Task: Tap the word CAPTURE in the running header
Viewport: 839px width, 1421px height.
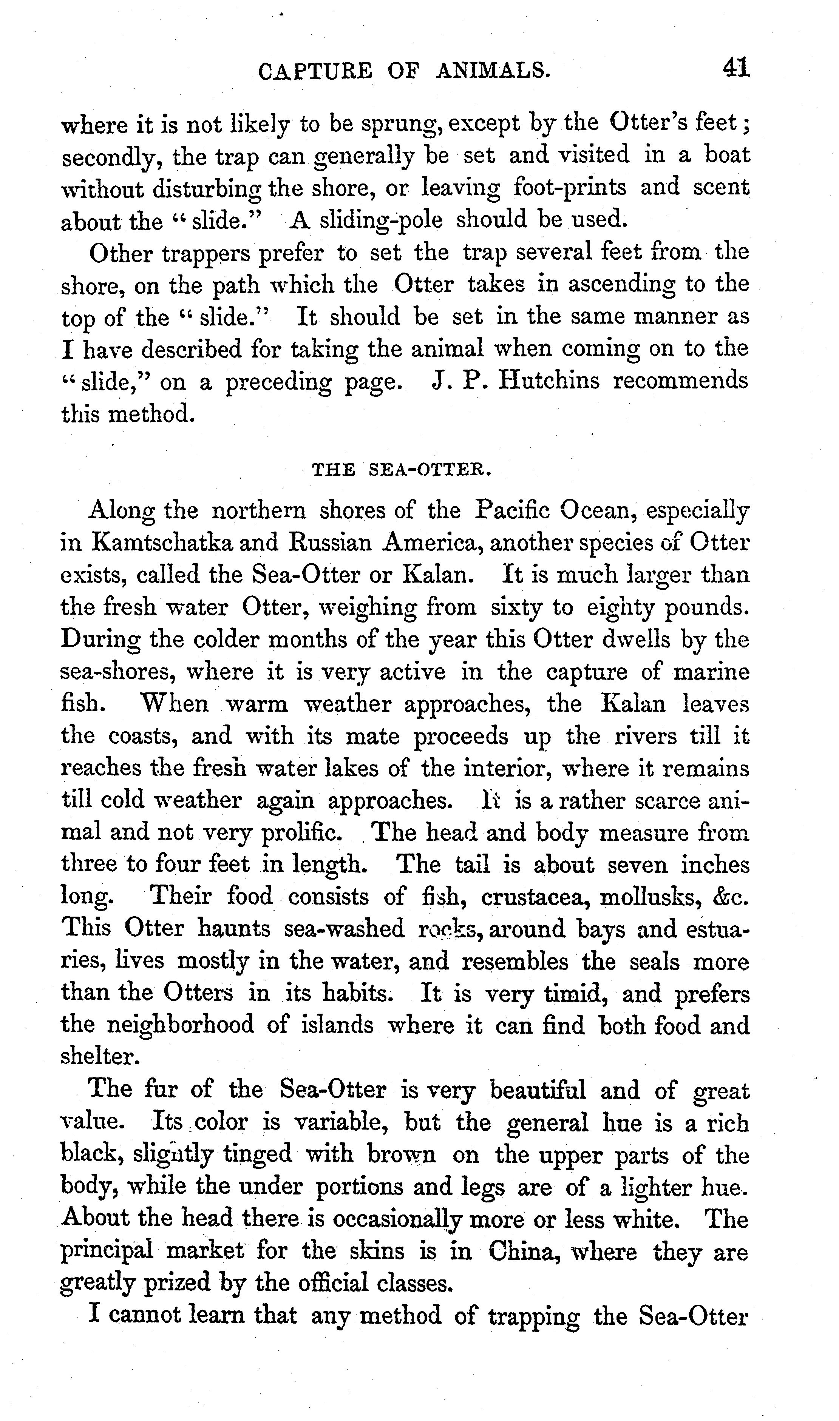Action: tap(315, 71)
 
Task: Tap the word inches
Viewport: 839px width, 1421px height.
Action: tap(715, 865)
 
